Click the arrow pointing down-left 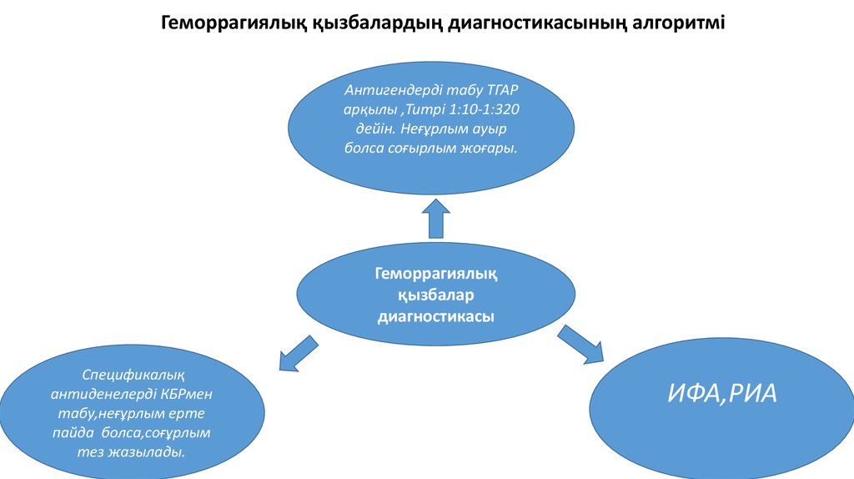[296, 353]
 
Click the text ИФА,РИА [722, 393]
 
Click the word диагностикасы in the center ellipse [436, 316]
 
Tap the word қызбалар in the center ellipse [436, 295]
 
